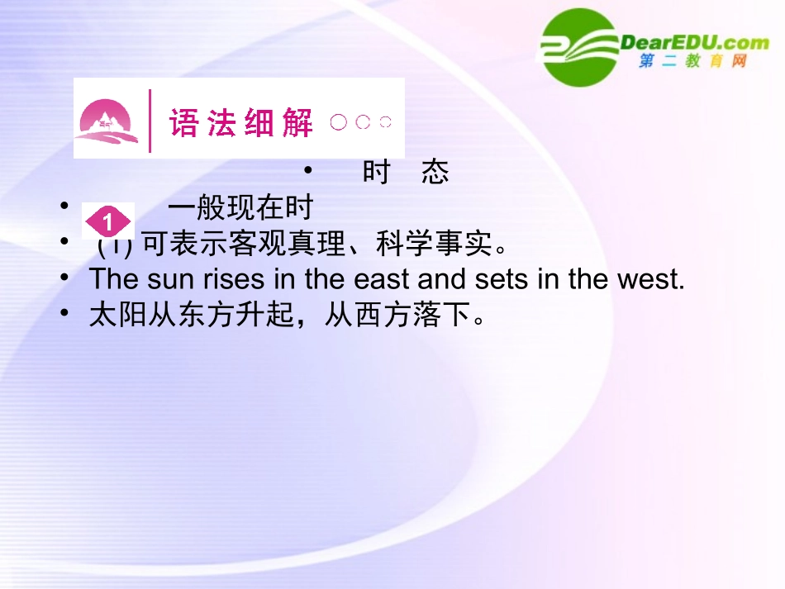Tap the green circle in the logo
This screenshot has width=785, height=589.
tap(580, 47)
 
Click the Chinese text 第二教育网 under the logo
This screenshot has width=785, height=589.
tap(692, 62)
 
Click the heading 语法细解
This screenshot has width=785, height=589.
tap(241, 123)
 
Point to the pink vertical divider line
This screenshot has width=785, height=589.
tap(150, 121)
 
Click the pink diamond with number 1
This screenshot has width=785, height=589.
tap(108, 222)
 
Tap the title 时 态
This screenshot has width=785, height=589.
tap(406, 172)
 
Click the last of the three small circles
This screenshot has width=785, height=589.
tap(385, 122)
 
